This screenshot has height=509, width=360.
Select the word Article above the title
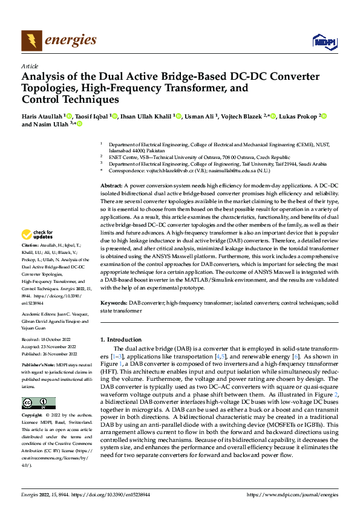(30, 66)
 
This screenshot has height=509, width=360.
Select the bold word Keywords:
(113, 302)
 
